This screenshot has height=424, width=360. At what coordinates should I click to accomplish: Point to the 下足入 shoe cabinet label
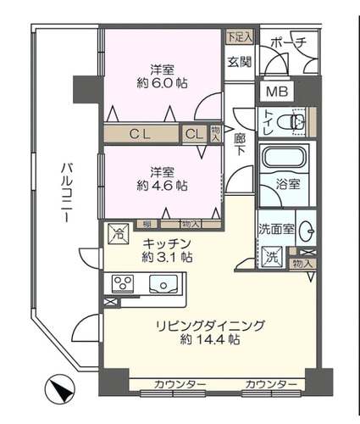(238, 36)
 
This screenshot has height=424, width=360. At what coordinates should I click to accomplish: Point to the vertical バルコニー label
(64, 192)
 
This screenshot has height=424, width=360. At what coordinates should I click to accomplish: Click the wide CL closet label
(141, 133)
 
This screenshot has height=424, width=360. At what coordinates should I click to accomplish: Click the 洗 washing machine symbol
(273, 254)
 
